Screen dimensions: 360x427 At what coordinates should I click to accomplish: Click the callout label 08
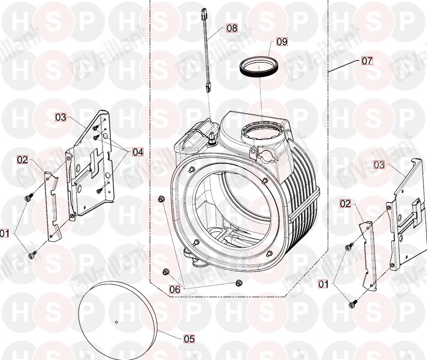231,28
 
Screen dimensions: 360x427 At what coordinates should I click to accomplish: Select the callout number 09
282,42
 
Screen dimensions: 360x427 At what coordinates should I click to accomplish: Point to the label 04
137,152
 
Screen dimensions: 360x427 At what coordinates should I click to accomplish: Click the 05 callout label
189,339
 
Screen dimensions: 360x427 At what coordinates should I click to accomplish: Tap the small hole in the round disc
116,322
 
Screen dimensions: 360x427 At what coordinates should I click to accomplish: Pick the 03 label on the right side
379,165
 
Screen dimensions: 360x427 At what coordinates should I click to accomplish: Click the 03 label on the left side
60,117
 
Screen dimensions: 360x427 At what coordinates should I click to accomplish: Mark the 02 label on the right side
345,204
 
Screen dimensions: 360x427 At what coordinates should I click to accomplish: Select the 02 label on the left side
23,159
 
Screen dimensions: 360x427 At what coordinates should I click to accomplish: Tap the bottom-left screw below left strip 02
32,255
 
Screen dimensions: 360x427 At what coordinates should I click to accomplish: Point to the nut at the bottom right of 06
239,282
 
